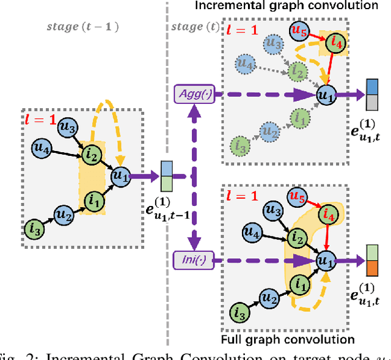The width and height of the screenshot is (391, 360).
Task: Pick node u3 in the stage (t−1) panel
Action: tap(67, 127)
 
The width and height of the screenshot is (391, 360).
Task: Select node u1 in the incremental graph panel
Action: tap(324, 94)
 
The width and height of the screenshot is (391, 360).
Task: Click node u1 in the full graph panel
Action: tap(326, 260)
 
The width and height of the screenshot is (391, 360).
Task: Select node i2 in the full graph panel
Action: tap(298, 237)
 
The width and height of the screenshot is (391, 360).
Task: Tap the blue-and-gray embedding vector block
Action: tap(373, 95)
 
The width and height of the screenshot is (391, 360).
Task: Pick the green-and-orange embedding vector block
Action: tap(373, 260)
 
